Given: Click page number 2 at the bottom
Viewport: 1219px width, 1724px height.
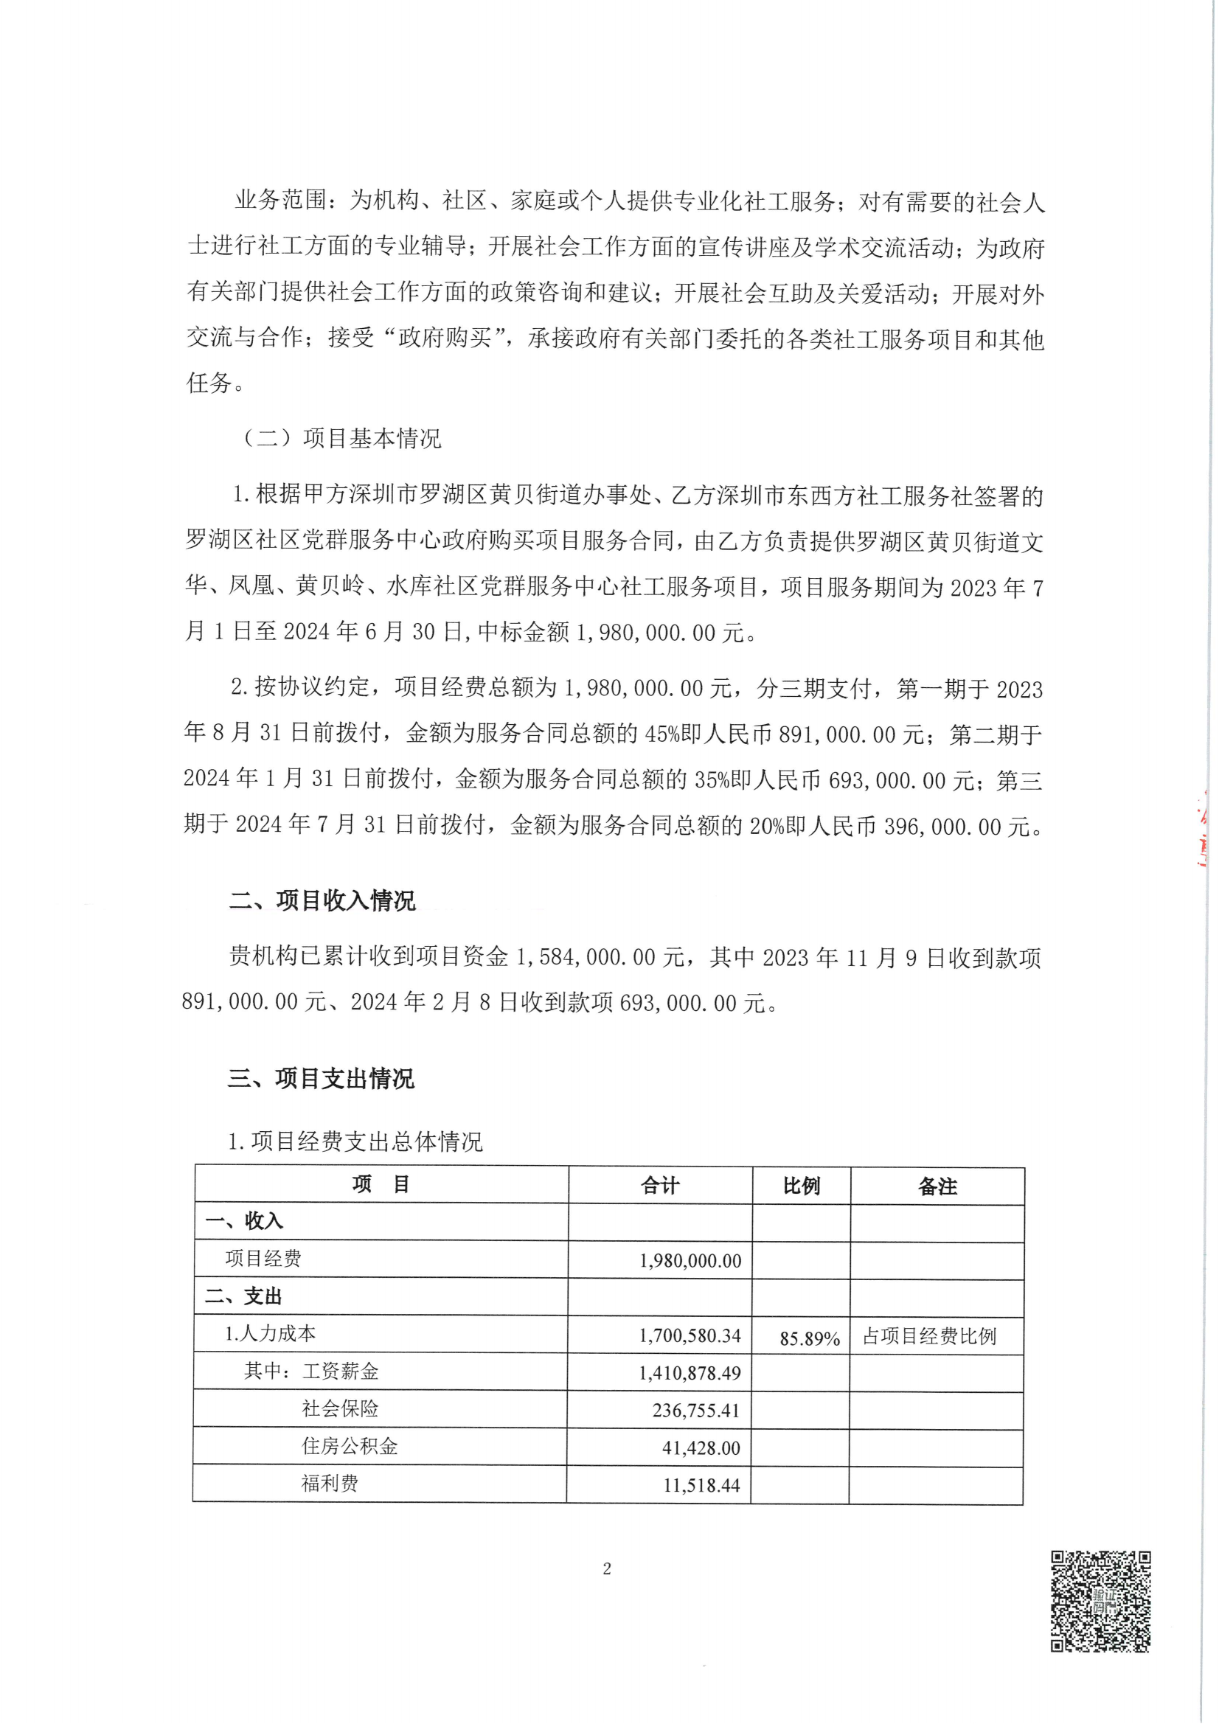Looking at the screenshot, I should [607, 1568].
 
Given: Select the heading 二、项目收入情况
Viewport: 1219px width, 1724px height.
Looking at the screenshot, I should [322, 900].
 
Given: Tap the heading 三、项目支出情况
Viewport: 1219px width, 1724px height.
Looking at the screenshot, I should [321, 1079].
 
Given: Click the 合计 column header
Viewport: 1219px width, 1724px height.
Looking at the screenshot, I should [659, 1186].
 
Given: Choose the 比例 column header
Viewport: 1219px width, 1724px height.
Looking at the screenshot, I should [801, 1186].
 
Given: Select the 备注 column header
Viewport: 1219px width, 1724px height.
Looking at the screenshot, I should [937, 1186].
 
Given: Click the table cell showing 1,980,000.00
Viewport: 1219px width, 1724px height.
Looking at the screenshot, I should [690, 1261].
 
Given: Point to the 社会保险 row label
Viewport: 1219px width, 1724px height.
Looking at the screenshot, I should [339, 1408].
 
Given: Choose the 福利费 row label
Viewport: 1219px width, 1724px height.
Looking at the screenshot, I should [330, 1483].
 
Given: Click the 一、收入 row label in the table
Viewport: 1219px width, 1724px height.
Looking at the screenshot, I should [244, 1222].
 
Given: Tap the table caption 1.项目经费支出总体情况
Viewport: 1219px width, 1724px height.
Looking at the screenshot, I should [355, 1142].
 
